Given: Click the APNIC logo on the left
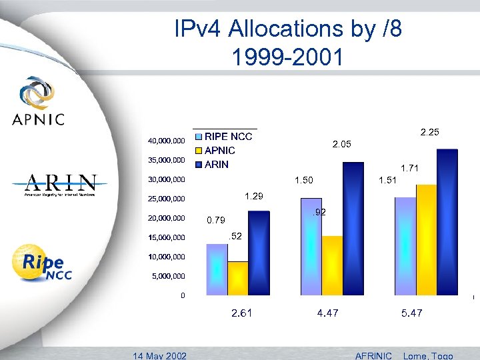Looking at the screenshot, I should pyautogui.click(x=38, y=101).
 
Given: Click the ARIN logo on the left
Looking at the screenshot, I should pyautogui.click(x=61, y=185).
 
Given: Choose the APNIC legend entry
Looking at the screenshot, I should pyautogui.click(x=219, y=151).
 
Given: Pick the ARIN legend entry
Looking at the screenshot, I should pyautogui.click(x=216, y=165).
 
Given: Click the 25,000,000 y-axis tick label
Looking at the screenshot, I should pyautogui.click(x=166, y=199).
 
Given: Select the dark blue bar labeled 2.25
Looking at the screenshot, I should pyautogui.click(x=447, y=221).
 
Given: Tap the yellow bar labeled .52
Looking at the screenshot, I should pyautogui.click(x=237, y=278).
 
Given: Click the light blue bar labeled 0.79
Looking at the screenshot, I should pyautogui.click(x=217, y=269).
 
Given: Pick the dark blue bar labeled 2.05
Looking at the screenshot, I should pyautogui.click(x=353, y=228).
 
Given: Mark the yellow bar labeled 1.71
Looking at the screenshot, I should pyautogui.click(x=426, y=239).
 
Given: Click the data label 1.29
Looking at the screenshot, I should pyautogui.click(x=254, y=196).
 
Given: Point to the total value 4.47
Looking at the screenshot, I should pyautogui.click(x=327, y=313).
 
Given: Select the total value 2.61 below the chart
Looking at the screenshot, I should pyautogui.click(x=241, y=313).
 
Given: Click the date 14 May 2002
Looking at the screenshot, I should pyautogui.click(x=160, y=355).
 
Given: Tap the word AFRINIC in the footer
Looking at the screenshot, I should pyautogui.click(x=374, y=355).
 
